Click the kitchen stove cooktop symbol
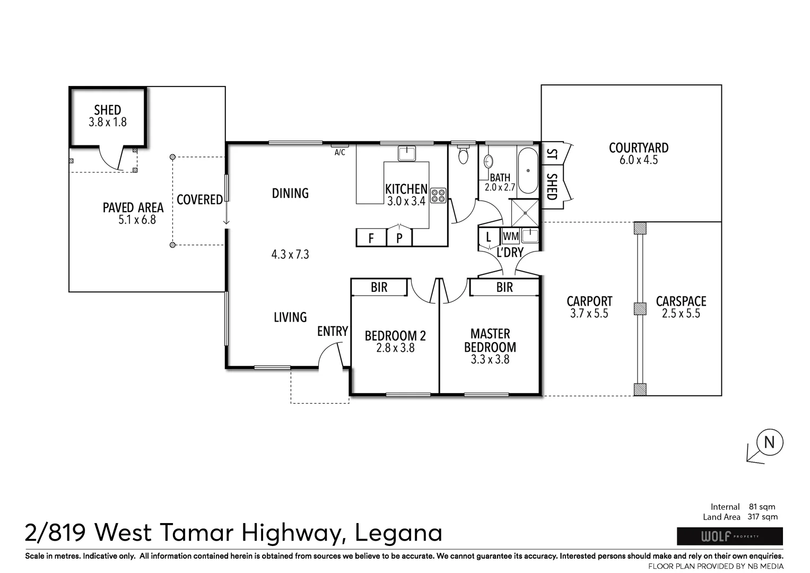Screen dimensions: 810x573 438,196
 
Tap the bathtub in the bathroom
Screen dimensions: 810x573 528,171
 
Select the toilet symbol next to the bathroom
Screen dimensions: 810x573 463,154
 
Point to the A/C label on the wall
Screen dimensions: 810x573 339,152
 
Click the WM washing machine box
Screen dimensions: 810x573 511,236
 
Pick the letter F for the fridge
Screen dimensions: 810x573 371,238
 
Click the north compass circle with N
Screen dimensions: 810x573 769,442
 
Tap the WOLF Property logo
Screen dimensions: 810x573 729,536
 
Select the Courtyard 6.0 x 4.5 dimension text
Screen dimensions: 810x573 639,160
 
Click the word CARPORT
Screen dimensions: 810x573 589,301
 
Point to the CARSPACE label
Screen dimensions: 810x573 681,301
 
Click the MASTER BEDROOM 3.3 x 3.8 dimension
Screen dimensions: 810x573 490,359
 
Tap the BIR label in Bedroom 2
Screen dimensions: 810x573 379,287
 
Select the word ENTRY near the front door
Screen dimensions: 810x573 332,331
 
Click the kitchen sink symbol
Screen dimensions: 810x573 407,153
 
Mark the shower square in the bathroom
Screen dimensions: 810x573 525,213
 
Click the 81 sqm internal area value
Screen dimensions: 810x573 762,507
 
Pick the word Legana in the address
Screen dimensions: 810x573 398,533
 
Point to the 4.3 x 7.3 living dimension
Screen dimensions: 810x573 290,255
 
